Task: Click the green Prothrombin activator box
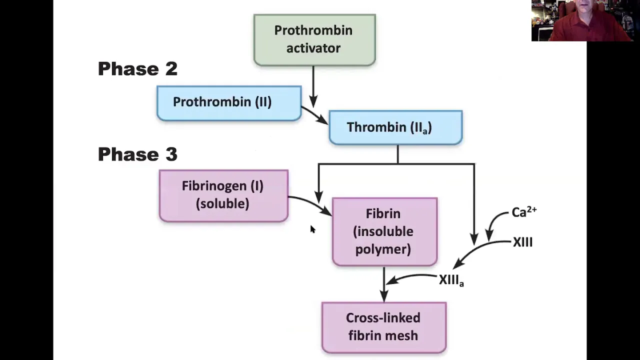(x=314, y=40)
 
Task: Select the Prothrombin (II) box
(x=229, y=103)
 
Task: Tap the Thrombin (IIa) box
(x=395, y=127)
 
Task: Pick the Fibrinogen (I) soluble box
(x=223, y=195)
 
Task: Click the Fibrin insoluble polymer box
(x=384, y=231)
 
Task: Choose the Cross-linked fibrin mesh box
(x=384, y=327)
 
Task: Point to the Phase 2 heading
(x=137, y=69)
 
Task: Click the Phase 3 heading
(x=137, y=154)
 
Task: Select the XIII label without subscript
(x=523, y=242)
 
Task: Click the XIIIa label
(x=451, y=280)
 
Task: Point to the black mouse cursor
(x=312, y=229)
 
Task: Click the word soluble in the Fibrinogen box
(x=222, y=203)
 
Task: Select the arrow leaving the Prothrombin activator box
(x=313, y=86)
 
